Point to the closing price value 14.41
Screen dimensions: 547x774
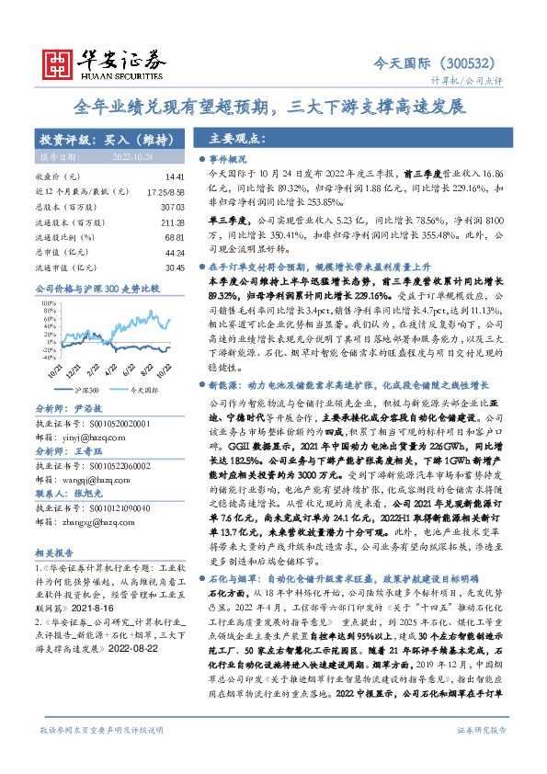pyautogui.click(x=175, y=176)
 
